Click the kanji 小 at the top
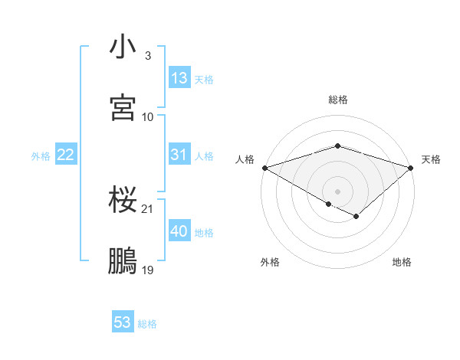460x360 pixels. tap(123, 47)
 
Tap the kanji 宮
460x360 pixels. tap(123, 108)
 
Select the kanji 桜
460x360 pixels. tap(123, 201)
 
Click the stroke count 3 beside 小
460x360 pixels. tap(147, 56)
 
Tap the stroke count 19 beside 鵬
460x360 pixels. tap(148, 270)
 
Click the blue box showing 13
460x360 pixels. tap(179, 78)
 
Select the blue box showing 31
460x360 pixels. tap(179, 155)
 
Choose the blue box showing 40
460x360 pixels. tap(179, 231)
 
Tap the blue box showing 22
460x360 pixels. tap(65, 155)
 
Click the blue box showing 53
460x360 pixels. tap(123, 322)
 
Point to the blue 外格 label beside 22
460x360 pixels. tap(41, 156)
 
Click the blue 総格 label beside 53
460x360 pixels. tap(147, 324)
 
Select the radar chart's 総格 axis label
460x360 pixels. tap(338, 100)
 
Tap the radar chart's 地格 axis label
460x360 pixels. tap(402, 263)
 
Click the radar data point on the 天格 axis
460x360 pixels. tap(412, 168)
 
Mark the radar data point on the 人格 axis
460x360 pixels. tap(264, 168)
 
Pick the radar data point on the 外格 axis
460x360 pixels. tap(329, 204)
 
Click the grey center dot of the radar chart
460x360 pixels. tap(338, 191)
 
